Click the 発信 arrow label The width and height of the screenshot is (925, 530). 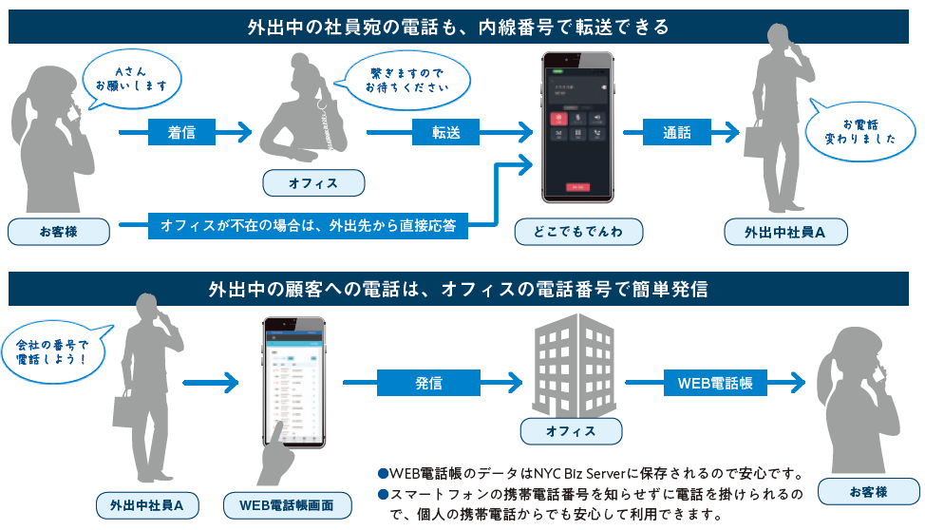(428, 383)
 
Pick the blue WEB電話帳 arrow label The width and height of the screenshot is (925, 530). (715, 383)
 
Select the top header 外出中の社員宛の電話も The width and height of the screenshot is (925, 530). (462, 27)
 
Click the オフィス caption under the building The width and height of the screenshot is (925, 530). (571, 431)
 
